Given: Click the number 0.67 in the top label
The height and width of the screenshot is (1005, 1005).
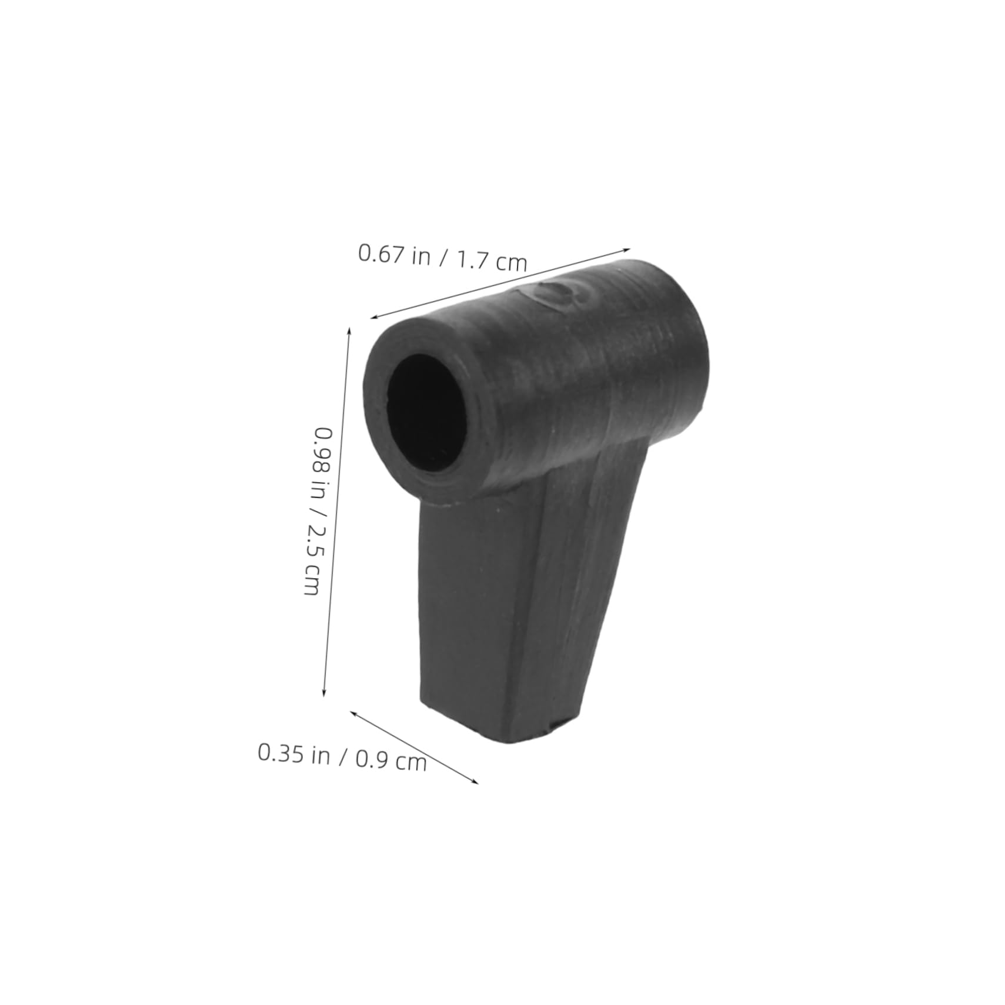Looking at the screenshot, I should (382, 253).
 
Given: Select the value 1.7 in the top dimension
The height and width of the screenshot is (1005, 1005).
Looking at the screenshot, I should (472, 259).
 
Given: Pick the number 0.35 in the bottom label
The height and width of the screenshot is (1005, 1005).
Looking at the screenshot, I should (281, 752).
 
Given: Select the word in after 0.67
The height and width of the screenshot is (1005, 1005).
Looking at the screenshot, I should (421, 256).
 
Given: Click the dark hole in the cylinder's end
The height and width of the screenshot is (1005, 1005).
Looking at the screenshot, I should (424, 412).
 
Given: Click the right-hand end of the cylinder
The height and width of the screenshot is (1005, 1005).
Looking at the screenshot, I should (676, 347).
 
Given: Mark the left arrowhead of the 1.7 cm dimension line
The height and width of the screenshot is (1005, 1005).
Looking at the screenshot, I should (372, 318).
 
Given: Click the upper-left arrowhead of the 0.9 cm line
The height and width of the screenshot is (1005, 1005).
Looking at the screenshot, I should (353, 713).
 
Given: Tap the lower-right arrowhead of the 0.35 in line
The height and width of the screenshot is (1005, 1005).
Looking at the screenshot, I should (476, 782).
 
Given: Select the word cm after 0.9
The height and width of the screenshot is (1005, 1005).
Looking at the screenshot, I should (410, 762).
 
